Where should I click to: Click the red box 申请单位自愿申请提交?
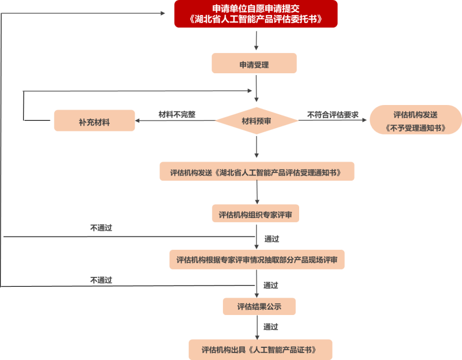click(x=255, y=14)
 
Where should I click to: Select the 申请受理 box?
click(x=254, y=63)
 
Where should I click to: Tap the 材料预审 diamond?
click(x=256, y=121)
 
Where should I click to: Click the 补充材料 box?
click(x=94, y=121)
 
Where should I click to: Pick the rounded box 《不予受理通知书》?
click(x=415, y=121)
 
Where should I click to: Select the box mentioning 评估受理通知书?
click(x=256, y=171)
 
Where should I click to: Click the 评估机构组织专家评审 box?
click(x=256, y=214)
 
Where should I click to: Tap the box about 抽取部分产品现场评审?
click(x=257, y=259)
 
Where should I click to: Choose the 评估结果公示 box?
click(x=259, y=306)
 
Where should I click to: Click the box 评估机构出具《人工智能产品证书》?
click(x=260, y=349)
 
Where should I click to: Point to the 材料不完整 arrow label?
click(x=177, y=114)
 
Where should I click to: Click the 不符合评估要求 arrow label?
click(x=333, y=114)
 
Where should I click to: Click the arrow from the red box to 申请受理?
click(x=256, y=40)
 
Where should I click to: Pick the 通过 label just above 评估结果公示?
click(x=271, y=285)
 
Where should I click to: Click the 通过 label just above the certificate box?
click(x=271, y=327)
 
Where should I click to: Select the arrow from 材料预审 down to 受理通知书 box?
click(x=256, y=147)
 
